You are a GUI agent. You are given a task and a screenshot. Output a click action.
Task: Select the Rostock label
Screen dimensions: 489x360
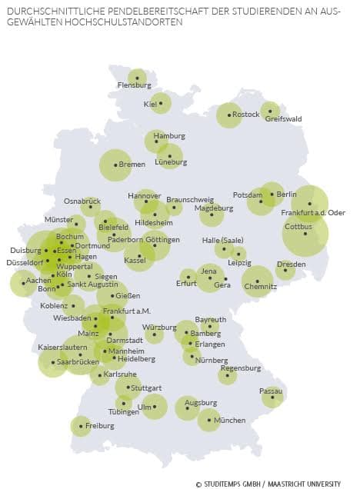click(x=246, y=114)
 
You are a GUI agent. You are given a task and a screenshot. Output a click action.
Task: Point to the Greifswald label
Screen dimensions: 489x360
click(x=283, y=119)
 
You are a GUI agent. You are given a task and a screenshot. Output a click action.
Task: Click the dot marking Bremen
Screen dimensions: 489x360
click(x=115, y=165)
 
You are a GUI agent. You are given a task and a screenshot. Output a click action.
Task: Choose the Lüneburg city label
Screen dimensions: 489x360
click(x=170, y=162)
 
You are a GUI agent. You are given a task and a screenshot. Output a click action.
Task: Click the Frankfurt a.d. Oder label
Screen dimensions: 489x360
click(x=313, y=212)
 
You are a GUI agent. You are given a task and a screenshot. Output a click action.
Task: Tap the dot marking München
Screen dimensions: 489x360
click(x=208, y=420)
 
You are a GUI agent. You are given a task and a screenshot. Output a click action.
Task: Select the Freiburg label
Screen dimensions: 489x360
click(x=99, y=425)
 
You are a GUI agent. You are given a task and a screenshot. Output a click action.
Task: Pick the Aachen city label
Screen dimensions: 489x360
click(x=38, y=281)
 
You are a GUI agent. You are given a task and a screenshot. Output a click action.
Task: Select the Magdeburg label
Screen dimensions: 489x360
click(x=214, y=208)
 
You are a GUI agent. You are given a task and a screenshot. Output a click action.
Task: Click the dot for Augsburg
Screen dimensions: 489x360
click(x=187, y=408)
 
